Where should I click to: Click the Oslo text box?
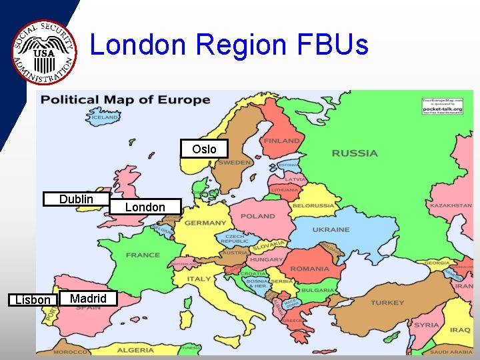coord(204,149)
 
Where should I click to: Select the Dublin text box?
coord(76,199)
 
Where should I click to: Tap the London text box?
coord(145,207)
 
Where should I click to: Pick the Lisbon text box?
coord(32,299)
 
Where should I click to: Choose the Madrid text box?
coord(88,298)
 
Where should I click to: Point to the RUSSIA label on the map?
coord(354,153)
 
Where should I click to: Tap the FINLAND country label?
coord(281,141)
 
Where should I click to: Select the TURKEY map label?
coord(387,303)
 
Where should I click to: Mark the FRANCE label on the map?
coord(143,255)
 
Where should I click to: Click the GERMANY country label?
coord(205,223)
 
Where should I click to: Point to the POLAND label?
coord(257,216)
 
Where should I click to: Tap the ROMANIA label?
coord(309,269)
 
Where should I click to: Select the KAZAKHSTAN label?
coord(451,206)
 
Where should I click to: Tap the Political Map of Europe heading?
coord(125,101)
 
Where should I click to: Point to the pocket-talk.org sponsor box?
coord(442,107)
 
